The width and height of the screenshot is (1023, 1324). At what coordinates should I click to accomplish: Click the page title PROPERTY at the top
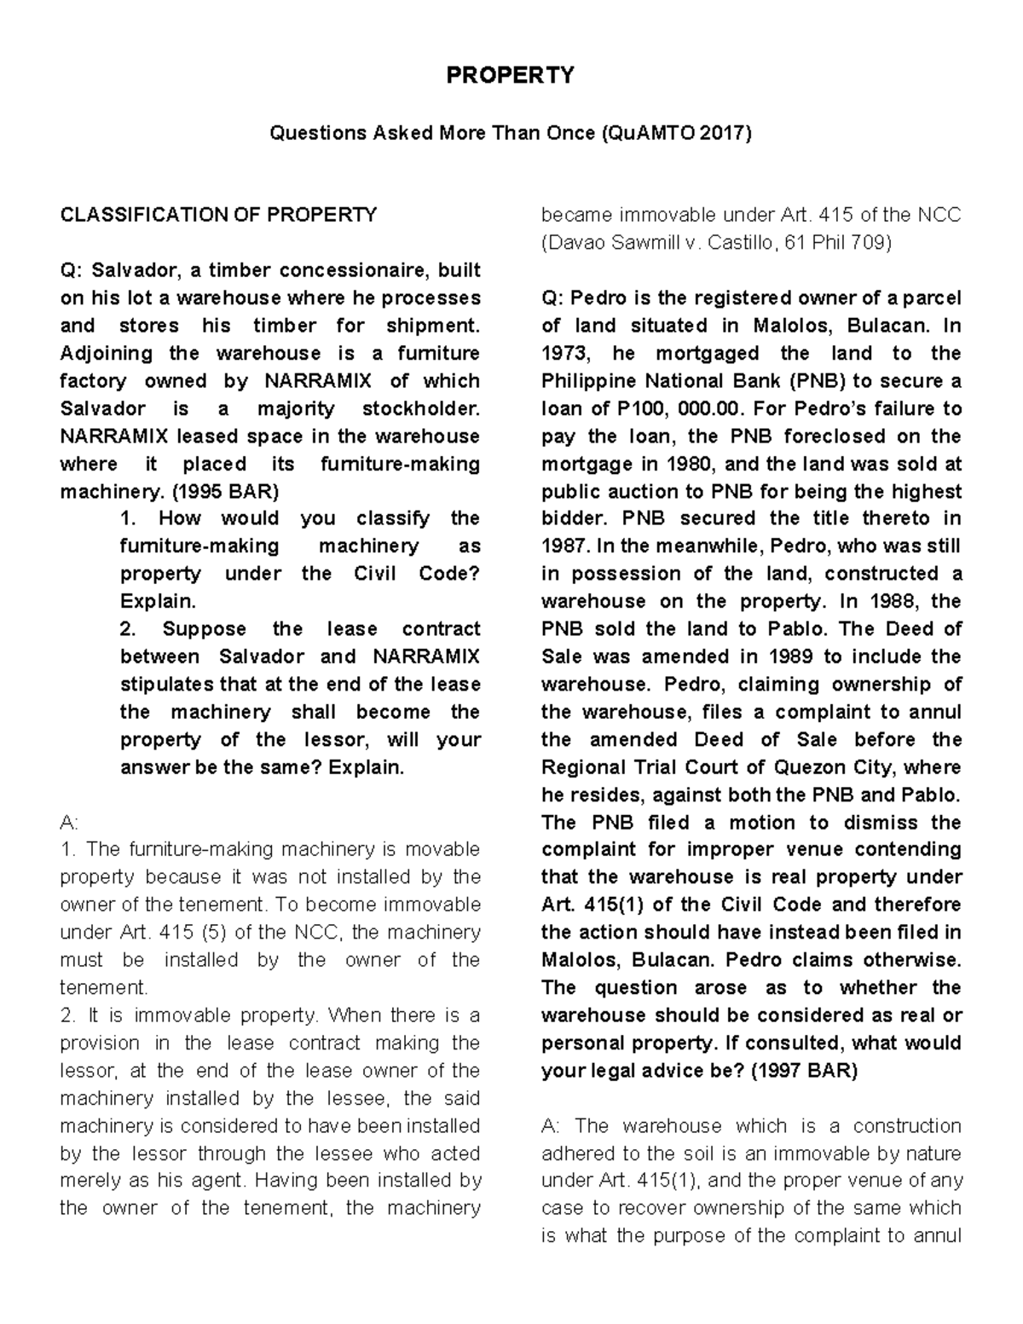pos(511,76)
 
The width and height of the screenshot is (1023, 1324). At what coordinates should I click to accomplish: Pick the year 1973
pos(564,353)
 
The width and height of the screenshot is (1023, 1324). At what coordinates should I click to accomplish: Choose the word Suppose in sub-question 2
pos(204,629)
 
